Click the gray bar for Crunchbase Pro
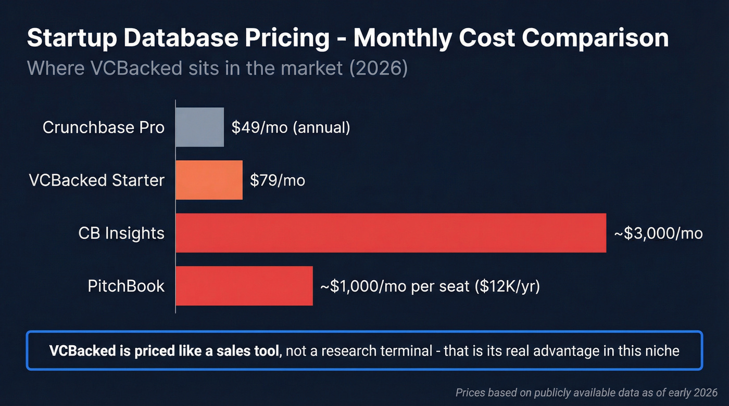pyautogui.click(x=200, y=127)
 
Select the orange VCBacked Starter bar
pyautogui.click(x=209, y=180)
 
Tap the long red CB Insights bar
pyautogui.click(x=391, y=233)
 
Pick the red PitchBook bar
pyautogui.click(x=244, y=286)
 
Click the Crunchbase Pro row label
pyautogui.click(x=104, y=127)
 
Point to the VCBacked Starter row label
pyautogui.click(x=96, y=180)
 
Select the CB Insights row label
pyautogui.click(x=121, y=233)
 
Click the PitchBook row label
pyautogui.click(x=126, y=286)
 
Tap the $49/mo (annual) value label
pyautogui.click(x=291, y=127)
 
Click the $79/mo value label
pyautogui.click(x=278, y=180)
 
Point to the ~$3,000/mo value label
pyautogui.click(x=658, y=233)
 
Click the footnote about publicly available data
pyautogui.click(x=586, y=392)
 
